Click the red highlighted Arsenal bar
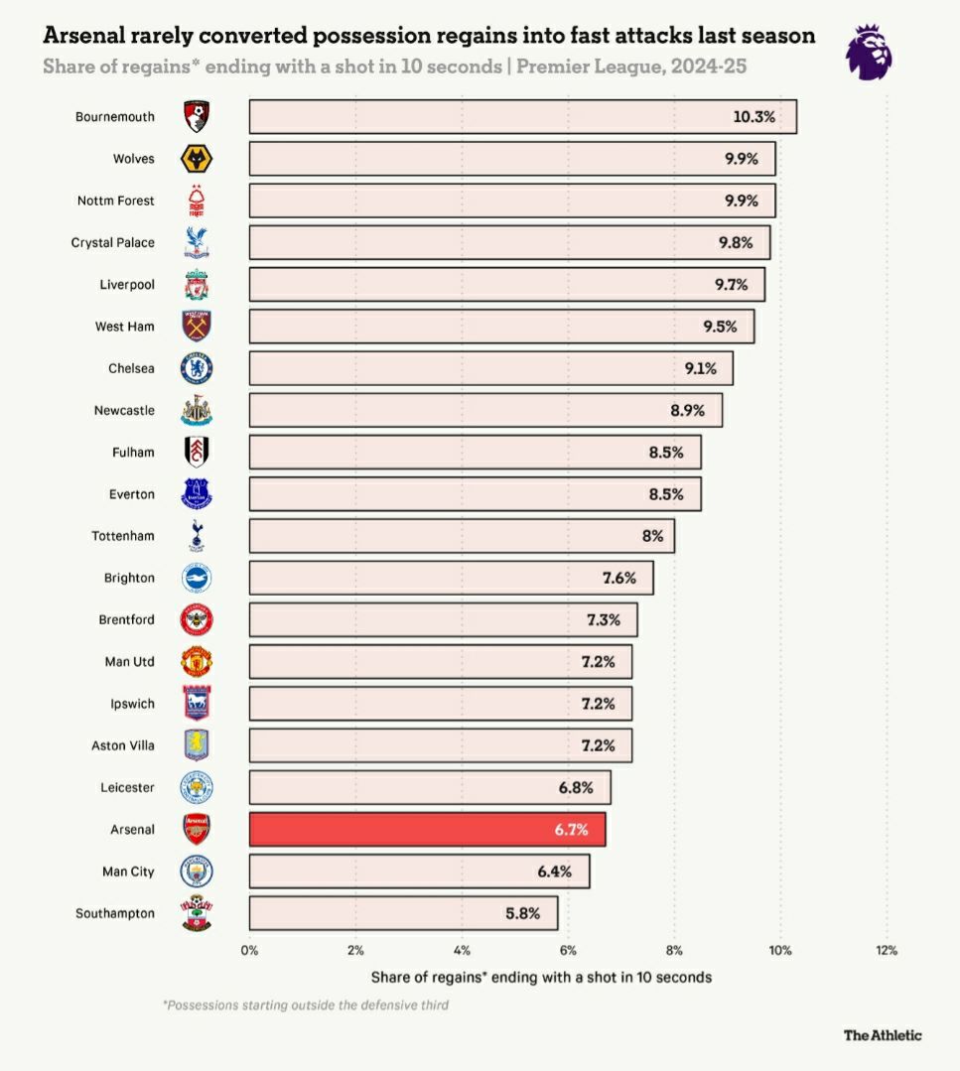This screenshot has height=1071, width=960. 427,830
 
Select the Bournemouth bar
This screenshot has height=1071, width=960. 522,116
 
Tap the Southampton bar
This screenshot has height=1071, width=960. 403,913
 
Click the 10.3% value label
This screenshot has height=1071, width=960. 754,116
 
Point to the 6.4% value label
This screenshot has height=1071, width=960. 554,871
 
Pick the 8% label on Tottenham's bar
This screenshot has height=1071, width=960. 652,536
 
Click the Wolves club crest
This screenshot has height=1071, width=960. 197,159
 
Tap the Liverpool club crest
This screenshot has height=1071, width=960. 197,285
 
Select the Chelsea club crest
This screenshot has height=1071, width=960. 197,368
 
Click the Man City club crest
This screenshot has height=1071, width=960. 197,871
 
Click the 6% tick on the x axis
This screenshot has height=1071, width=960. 568,950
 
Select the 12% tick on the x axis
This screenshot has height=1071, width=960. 887,950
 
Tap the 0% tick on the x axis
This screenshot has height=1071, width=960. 249,950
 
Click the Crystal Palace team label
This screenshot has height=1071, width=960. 113,242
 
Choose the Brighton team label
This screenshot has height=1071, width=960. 129,578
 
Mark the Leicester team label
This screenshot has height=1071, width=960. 127,787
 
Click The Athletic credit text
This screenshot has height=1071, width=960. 883,1035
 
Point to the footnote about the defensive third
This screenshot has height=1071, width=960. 306,1005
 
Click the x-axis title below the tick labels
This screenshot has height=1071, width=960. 541,977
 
